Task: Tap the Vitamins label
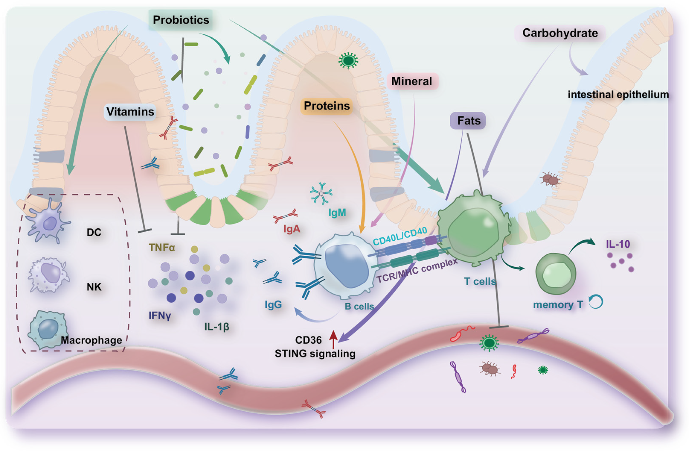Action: tap(130, 112)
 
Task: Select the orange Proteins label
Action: tap(326, 106)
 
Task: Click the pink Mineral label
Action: tap(411, 81)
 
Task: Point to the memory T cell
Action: tap(555, 274)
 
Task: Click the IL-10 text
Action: tap(618, 244)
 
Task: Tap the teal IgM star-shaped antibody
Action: tap(321, 193)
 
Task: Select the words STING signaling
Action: tap(315, 354)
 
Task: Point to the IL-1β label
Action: tap(216, 327)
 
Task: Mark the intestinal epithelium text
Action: tap(618, 95)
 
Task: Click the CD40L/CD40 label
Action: tap(399, 235)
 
